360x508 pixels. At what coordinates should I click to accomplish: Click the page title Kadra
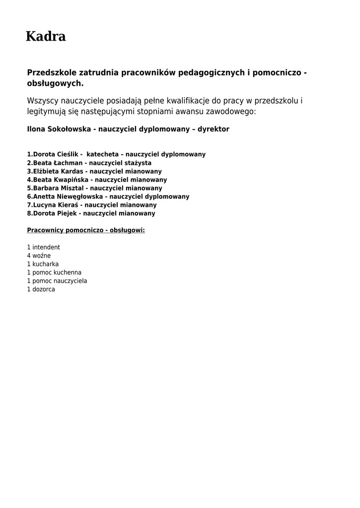click(46, 37)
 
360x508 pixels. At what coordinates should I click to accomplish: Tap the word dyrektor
click(214, 129)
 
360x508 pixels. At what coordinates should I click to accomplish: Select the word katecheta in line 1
click(102, 155)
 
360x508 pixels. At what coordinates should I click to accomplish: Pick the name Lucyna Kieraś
click(56, 205)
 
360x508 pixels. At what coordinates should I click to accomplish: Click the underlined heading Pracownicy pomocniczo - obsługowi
click(86, 231)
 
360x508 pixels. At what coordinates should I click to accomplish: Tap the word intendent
click(46, 248)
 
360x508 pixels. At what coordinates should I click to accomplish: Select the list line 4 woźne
click(39, 256)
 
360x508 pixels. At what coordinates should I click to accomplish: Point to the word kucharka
click(46, 264)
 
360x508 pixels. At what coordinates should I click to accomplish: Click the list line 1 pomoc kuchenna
click(54, 273)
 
